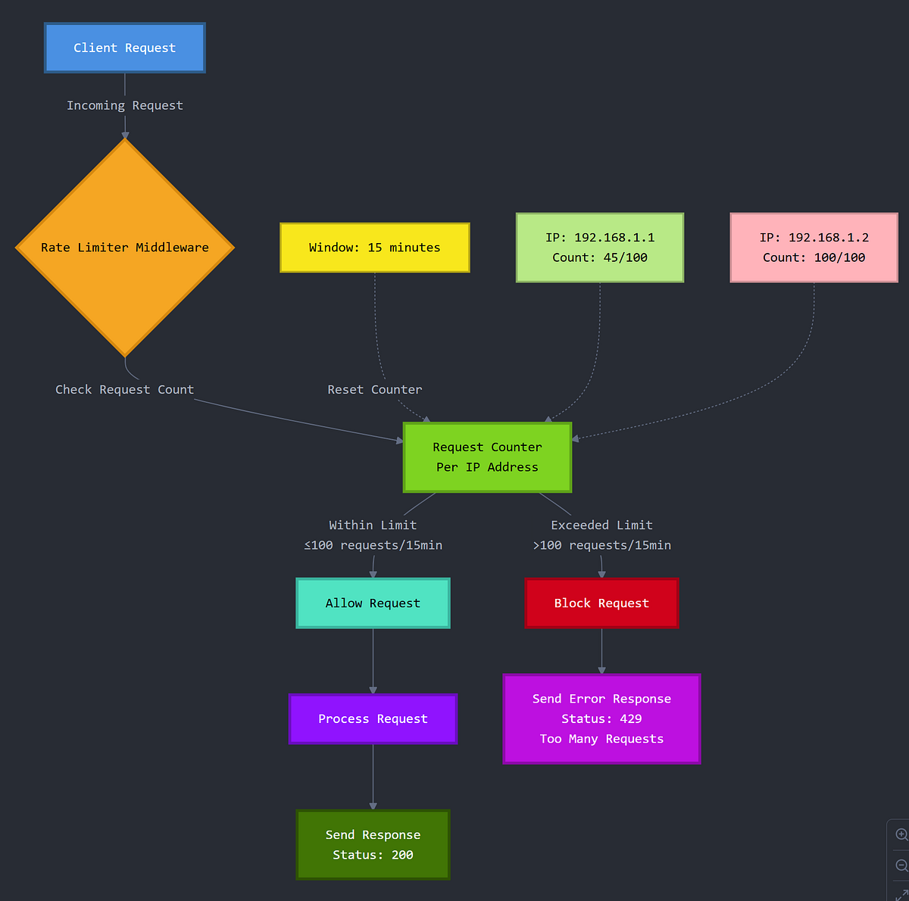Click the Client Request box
click(125, 48)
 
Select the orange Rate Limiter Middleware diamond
click(125, 248)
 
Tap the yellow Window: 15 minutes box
click(374, 248)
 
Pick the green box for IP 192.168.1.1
click(600, 248)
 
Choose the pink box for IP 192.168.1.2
click(814, 248)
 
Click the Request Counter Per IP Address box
click(487, 457)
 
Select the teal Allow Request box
click(373, 603)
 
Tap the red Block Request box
click(601, 603)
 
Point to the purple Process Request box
click(373, 719)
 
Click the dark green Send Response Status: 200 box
click(373, 845)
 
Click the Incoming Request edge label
click(125, 106)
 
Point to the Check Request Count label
click(125, 390)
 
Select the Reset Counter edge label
click(375, 390)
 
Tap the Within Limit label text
click(373, 525)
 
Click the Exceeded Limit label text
click(601, 525)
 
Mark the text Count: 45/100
click(600, 258)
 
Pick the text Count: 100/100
click(814, 258)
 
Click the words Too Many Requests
click(601, 740)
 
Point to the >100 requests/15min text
click(601, 546)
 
